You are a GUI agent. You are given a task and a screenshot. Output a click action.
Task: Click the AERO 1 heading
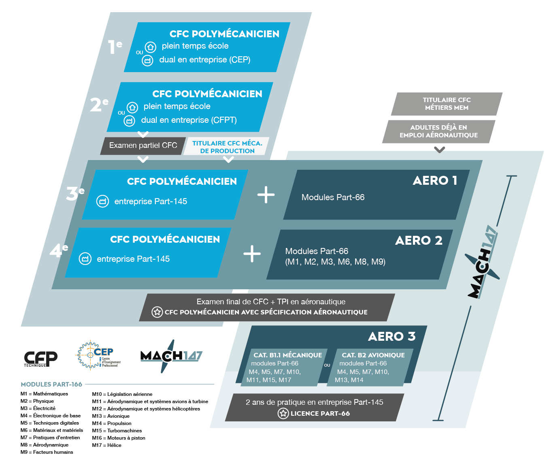(435, 180)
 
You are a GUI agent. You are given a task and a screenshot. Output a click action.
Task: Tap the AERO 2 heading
(419, 240)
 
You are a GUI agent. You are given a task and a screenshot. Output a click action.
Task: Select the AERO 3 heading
(392, 336)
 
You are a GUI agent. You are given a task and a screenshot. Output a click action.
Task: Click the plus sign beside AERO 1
(266, 195)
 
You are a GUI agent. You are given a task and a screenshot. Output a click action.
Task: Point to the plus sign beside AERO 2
(252, 254)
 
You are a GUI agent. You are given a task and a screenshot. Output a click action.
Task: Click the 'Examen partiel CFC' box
(143, 145)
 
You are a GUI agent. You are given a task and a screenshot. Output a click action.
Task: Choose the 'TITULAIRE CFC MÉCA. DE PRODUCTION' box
(227, 147)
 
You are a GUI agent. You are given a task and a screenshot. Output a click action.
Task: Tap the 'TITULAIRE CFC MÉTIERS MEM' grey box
(447, 104)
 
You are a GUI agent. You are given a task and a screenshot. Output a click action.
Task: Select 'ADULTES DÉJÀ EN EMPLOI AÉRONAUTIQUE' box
(438, 131)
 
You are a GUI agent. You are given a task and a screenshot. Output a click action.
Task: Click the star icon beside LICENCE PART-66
(283, 413)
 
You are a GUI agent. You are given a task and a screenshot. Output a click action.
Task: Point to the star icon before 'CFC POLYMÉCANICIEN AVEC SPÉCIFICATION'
(157, 312)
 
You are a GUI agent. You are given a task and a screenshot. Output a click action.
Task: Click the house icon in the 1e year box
(151, 47)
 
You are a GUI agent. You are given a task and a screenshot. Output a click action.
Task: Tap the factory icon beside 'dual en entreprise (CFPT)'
(129, 121)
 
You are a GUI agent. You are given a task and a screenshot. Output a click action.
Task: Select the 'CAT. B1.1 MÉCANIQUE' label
(287, 355)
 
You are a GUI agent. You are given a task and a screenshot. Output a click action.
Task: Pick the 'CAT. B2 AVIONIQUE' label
(373, 355)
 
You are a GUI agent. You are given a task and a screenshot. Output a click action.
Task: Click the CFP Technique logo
(40, 359)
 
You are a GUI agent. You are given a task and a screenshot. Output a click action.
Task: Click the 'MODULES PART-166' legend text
(51, 384)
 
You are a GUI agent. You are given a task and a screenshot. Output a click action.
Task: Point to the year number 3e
(75, 193)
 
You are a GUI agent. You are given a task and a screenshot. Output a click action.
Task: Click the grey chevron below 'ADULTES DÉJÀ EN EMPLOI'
(439, 150)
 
